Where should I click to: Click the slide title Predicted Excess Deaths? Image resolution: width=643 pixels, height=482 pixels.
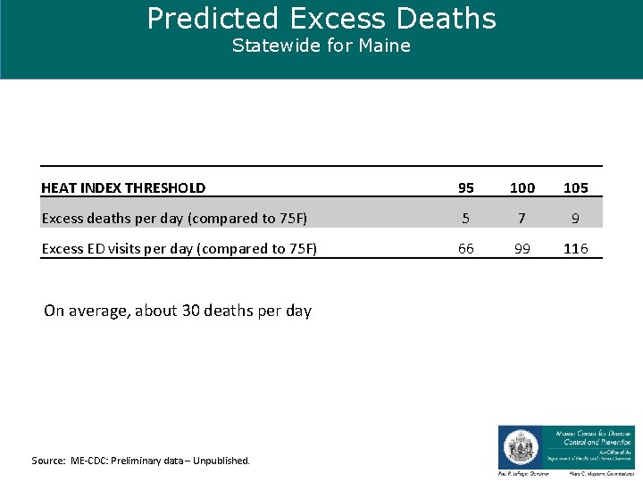tap(321, 19)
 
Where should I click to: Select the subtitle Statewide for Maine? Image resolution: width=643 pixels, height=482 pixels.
tap(321, 46)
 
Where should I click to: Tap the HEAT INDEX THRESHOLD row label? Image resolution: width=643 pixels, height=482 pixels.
tap(123, 187)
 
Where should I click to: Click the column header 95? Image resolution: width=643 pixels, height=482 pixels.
tap(466, 187)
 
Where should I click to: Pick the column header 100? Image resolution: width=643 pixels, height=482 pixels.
tap(522, 187)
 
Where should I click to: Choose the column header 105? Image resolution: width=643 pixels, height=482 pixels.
tap(576, 187)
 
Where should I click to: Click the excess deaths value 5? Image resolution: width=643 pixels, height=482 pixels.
tap(466, 218)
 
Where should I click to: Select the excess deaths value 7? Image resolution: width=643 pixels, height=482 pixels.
tap(522, 218)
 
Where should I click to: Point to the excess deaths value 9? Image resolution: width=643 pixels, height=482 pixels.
tap(576, 218)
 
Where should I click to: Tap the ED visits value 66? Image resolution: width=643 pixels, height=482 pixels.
tap(466, 248)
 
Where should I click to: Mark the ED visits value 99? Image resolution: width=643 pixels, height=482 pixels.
tap(522, 248)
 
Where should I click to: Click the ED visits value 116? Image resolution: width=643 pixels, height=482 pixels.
tap(576, 248)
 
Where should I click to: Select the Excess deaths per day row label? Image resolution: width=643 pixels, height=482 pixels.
tap(174, 218)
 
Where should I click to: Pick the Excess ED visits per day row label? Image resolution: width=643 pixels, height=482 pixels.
tap(180, 248)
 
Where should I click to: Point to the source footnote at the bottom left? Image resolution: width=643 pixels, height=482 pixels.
tap(141, 461)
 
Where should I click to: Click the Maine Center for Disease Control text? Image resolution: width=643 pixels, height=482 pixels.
tap(593, 436)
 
